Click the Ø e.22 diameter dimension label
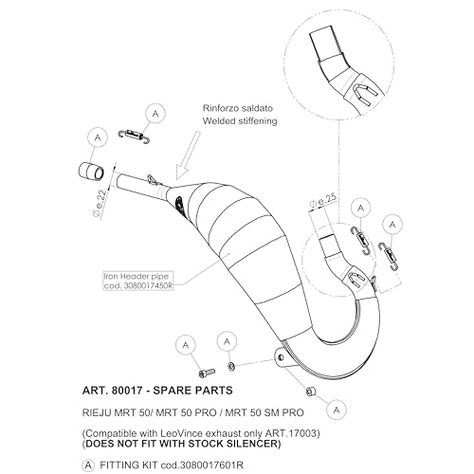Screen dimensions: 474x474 tap(100, 205)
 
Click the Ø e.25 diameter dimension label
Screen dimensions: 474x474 tap(323, 201)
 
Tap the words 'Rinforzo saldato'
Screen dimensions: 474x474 tap(238, 108)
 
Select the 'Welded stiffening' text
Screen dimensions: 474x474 tap(240, 121)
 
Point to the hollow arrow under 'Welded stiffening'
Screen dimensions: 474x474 tap(188, 155)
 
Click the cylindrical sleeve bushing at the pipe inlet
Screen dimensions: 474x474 tap(91, 172)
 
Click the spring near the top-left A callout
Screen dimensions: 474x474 tap(134, 136)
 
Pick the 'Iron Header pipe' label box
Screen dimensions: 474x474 tap(138, 281)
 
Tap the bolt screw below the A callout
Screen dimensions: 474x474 tap(207, 373)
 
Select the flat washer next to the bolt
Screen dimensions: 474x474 tap(231, 366)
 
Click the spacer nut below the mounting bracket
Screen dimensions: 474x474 tap(311, 392)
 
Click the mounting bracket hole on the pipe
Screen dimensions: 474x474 tap(281, 357)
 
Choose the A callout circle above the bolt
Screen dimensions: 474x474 tap(186, 345)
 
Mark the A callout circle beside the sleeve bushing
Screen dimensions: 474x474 tap(98, 137)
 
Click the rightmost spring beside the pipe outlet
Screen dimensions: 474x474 tap(389, 256)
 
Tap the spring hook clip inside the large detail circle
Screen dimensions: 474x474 tap(363, 95)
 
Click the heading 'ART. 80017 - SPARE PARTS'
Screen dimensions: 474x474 tap(157, 391)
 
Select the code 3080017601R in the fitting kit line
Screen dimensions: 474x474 tap(211, 465)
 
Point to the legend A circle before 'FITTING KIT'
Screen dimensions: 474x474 tap(88, 465)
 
